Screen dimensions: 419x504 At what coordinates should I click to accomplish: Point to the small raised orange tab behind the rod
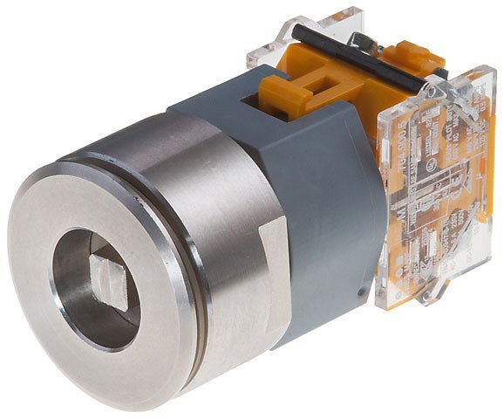point(410,48)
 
